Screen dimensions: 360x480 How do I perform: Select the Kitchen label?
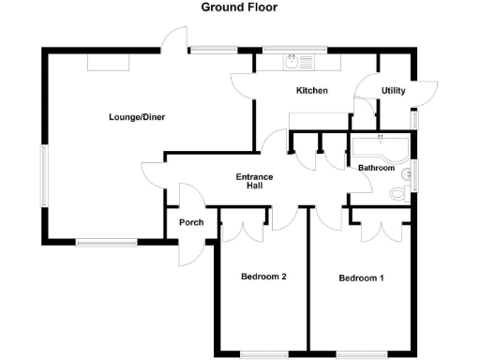[x=311, y=91]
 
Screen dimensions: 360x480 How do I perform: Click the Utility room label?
[x=393, y=91]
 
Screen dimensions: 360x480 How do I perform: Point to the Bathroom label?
[x=375, y=168]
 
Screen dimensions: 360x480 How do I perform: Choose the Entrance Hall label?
[x=254, y=181]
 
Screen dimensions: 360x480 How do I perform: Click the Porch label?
[x=190, y=222]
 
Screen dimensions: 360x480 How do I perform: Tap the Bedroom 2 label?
[x=262, y=277]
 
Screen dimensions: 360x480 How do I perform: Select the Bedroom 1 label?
[x=361, y=278]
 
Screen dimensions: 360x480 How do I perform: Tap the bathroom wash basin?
[x=407, y=174]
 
